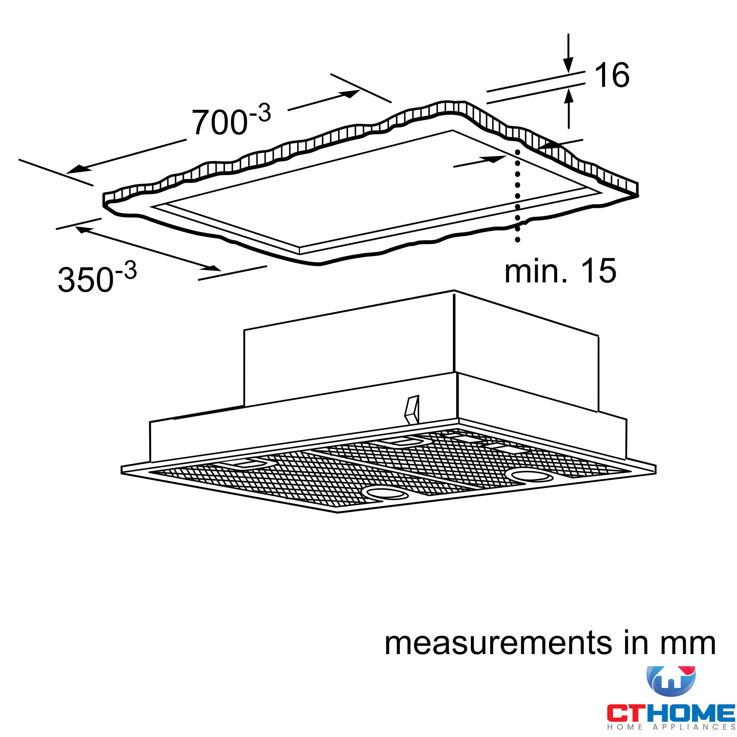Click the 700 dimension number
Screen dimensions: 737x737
[219, 122]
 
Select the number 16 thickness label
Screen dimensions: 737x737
[611, 75]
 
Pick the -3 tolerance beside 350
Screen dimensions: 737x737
[126, 271]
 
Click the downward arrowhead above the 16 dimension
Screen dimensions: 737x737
[568, 65]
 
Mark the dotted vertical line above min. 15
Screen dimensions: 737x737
[517, 195]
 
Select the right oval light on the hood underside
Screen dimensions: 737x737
[531, 476]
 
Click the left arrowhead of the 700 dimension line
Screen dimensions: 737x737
[75, 170]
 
